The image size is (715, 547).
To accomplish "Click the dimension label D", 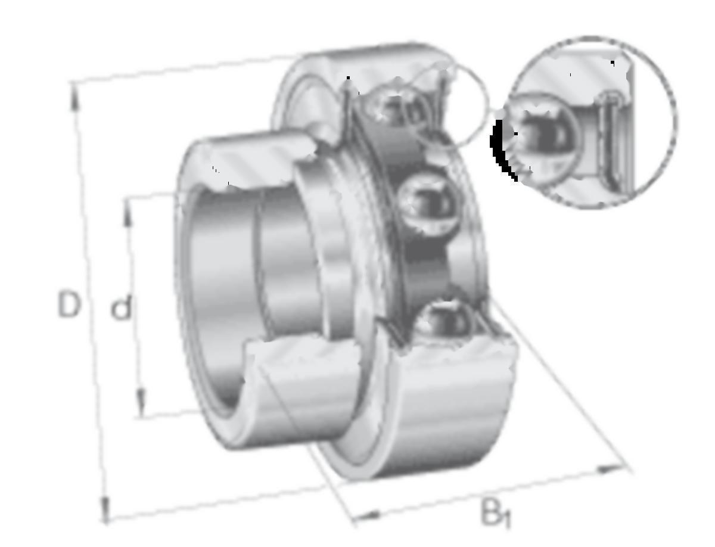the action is coord(69,304).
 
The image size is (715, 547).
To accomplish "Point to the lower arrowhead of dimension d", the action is coord(141,403).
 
